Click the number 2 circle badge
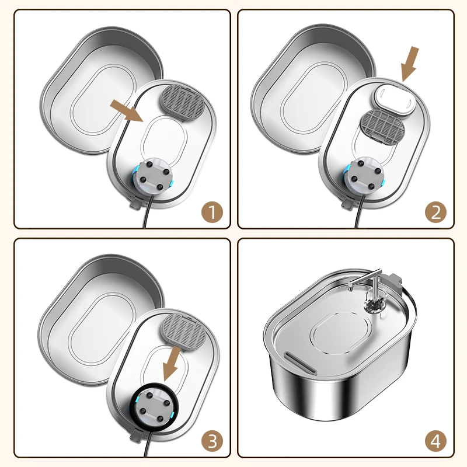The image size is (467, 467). click(x=435, y=211)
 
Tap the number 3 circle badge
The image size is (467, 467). click(x=212, y=439)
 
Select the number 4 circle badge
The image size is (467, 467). click(x=435, y=439)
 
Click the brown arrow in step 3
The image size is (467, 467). click(x=173, y=361)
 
